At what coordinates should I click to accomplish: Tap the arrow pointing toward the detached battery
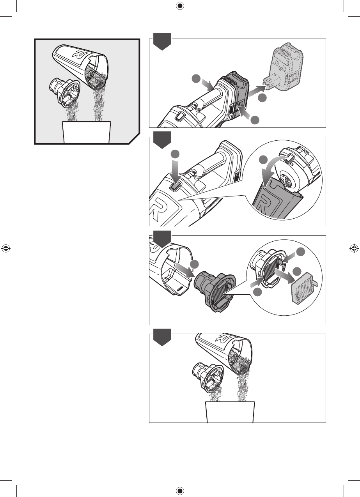257,91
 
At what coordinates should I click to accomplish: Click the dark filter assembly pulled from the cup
215,291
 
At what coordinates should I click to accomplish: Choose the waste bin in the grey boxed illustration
87,132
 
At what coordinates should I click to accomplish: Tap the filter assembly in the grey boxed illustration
64,93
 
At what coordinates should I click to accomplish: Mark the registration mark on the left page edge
6,248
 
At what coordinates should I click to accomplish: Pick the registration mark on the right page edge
354,248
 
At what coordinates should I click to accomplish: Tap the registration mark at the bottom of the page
180,491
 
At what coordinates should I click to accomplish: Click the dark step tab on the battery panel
162,41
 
